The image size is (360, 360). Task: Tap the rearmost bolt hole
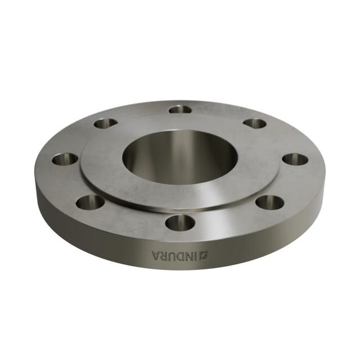(x=180, y=109)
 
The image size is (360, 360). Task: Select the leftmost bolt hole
(x=65, y=159)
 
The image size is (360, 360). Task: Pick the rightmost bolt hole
(x=295, y=159)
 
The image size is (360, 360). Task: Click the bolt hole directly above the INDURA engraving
(x=180, y=223)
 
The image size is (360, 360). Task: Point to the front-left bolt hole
(x=89, y=201)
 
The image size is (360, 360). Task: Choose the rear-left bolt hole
(x=105, y=123)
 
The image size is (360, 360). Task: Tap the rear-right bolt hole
(x=255, y=123)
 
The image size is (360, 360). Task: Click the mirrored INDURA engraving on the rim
(x=180, y=256)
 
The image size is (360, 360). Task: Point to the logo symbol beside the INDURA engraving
(x=204, y=256)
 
